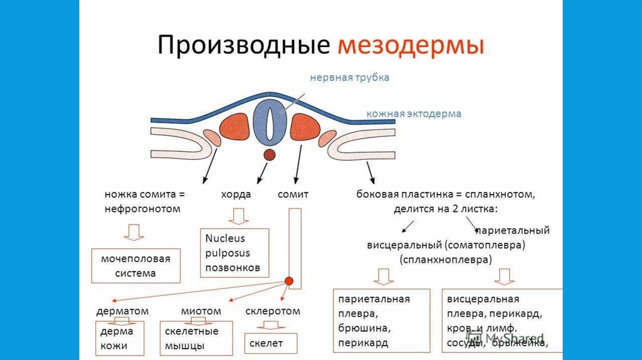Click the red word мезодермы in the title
411,47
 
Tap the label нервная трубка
349,77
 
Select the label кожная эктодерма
413,114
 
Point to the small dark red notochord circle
270,155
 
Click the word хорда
236,194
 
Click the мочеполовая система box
135,266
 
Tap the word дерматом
122,311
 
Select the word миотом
201,311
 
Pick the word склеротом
273,311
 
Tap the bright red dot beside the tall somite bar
289,282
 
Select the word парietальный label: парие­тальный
512,230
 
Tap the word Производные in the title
243,47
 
